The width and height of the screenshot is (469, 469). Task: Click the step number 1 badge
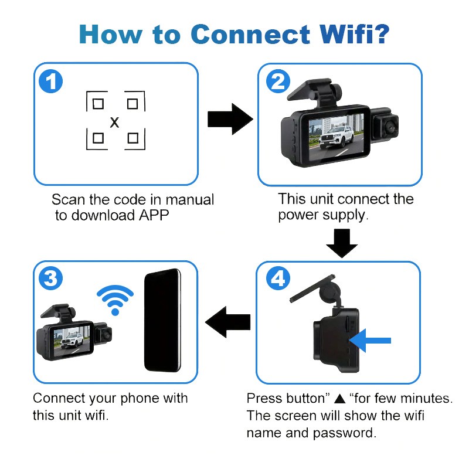click(x=51, y=81)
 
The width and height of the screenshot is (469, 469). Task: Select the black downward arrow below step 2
click(x=341, y=241)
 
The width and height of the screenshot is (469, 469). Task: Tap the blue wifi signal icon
click(x=115, y=299)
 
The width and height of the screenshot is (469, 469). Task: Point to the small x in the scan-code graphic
click(x=115, y=123)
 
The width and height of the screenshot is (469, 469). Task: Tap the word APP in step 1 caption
click(x=154, y=215)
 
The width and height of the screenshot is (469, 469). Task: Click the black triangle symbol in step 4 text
click(x=339, y=399)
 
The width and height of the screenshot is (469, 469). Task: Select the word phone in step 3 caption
click(x=135, y=399)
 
